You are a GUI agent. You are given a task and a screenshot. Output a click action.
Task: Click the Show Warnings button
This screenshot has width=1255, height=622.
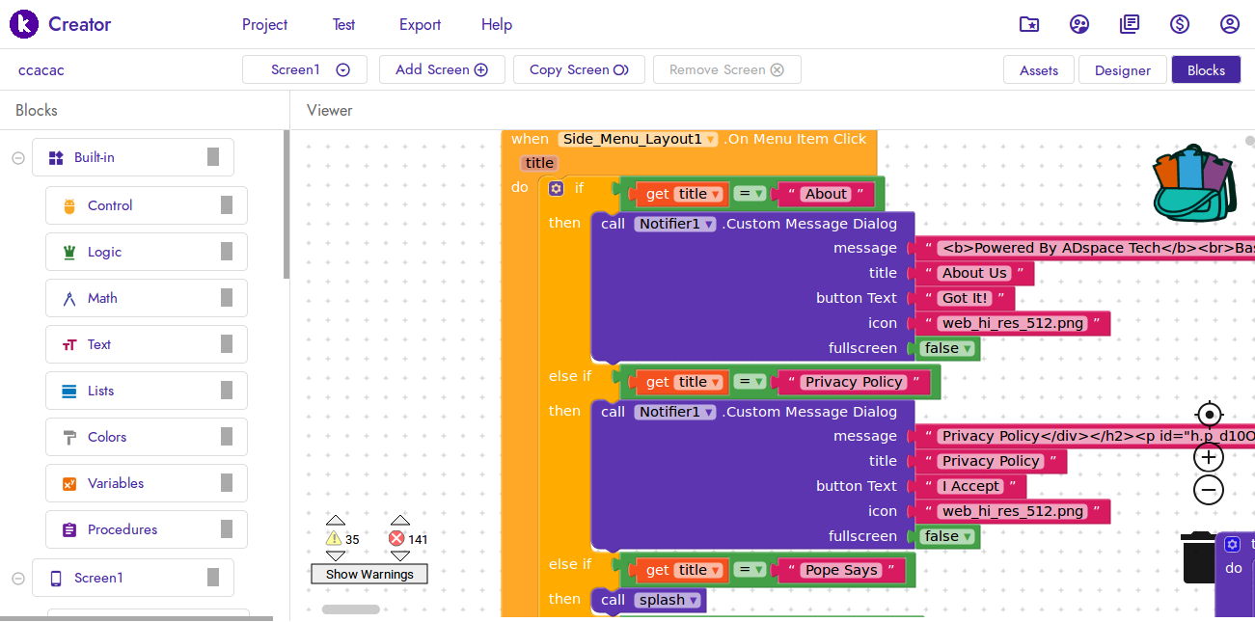click(x=369, y=574)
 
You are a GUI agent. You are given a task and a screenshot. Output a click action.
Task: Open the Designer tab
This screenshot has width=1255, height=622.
click(x=1122, y=70)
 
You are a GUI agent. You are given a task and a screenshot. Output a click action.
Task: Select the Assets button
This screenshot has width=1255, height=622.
click(x=1039, y=70)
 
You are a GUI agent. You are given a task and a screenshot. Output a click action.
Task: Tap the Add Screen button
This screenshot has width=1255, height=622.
click(x=442, y=69)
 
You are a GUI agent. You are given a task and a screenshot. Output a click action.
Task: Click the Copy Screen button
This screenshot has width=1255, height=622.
click(x=579, y=69)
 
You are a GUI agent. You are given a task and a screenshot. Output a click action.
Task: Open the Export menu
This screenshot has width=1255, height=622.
click(x=420, y=25)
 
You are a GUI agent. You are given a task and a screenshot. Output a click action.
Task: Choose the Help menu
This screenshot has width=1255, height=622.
click(x=497, y=25)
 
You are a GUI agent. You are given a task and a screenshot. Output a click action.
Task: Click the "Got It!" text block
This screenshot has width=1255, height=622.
click(x=965, y=298)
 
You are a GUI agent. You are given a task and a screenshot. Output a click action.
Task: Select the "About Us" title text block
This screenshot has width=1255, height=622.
click(x=974, y=273)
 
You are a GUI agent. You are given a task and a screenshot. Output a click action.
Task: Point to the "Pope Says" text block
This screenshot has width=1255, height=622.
click(x=841, y=570)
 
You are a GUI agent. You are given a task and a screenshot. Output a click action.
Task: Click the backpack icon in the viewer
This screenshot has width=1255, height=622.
click(x=1194, y=183)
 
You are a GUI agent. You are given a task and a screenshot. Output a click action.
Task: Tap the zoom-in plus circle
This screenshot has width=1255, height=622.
click(x=1209, y=457)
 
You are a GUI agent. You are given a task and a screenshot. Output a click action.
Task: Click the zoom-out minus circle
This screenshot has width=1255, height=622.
click(x=1209, y=490)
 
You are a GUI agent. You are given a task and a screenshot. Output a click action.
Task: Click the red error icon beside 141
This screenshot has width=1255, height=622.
click(x=396, y=538)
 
